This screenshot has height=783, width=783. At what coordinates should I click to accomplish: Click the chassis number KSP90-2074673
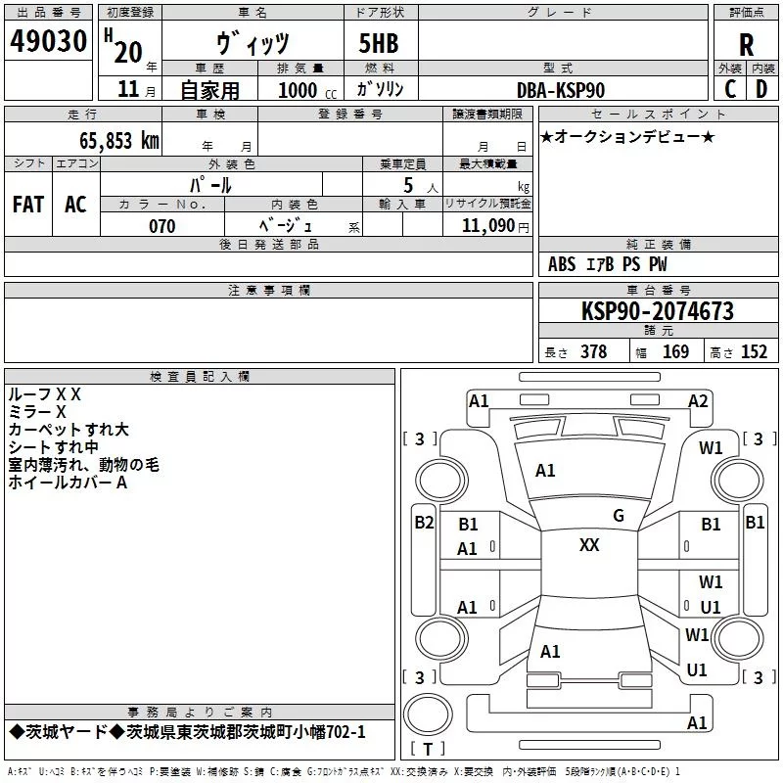657,311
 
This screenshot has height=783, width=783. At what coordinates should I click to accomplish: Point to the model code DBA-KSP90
560,89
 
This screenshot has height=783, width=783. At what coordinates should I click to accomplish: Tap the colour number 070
161,226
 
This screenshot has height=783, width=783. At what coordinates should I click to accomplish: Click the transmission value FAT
28,204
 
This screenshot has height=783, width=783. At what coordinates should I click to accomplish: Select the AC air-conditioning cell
75,204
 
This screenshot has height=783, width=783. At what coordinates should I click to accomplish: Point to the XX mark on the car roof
589,545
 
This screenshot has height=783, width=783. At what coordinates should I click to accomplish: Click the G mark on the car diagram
618,515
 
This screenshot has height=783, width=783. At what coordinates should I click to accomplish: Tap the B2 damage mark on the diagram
424,523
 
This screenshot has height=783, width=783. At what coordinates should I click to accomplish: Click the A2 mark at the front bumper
698,400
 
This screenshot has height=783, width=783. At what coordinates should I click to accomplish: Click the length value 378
593,352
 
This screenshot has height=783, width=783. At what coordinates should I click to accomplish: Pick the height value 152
754,352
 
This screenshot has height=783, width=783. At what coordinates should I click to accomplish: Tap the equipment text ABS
562,264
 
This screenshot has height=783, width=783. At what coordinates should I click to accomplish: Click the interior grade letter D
761,89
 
